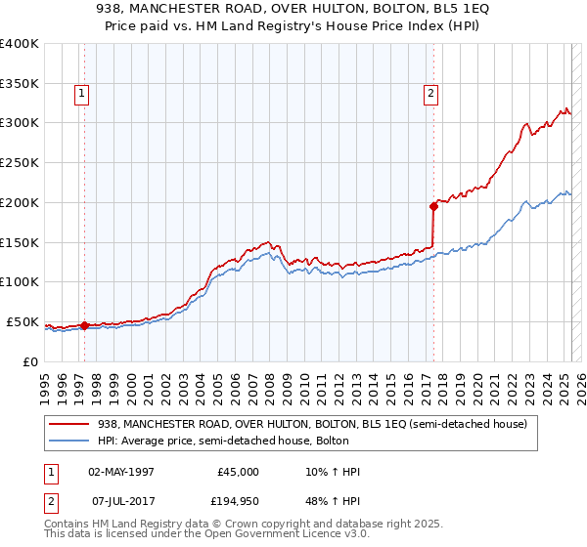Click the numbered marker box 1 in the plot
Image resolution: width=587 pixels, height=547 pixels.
[80, 95]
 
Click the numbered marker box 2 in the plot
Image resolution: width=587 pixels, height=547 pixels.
[430, 95]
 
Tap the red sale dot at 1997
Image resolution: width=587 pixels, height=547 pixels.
[84, 325]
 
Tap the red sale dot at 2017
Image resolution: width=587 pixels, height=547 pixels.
[433, 205]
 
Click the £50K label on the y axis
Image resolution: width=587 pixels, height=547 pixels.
[22, 321]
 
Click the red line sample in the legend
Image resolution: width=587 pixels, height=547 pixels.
[69, 424]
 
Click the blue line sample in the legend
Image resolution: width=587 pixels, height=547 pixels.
[69, 441]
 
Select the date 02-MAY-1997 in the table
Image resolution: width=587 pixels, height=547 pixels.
[121, 472]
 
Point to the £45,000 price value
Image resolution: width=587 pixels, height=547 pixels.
[238, 472]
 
